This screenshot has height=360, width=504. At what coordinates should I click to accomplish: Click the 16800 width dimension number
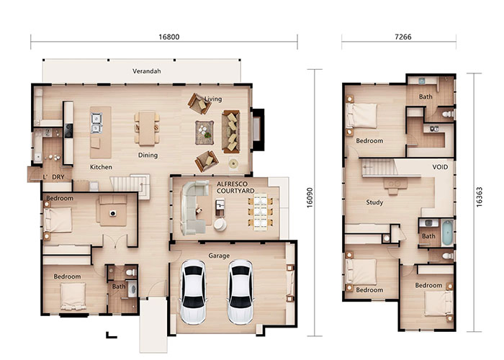169,37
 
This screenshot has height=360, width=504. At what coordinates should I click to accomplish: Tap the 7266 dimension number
402,37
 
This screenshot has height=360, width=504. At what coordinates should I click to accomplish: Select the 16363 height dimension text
479,197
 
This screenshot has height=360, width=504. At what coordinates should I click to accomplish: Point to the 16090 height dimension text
309,198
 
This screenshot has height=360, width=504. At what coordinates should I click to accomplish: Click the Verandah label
147,71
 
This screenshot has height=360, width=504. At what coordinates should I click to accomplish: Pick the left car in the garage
193,292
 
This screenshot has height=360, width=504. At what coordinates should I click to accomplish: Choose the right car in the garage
240,292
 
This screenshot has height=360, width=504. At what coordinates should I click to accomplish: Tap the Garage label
219,256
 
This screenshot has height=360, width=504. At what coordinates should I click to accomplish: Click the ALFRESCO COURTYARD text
235,187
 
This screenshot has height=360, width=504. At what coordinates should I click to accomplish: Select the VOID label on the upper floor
440,167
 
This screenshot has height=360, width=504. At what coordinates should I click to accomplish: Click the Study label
374,202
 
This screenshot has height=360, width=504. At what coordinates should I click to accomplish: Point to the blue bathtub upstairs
447,233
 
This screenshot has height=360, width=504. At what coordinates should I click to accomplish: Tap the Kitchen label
101,167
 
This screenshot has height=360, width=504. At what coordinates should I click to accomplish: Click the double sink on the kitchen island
96,123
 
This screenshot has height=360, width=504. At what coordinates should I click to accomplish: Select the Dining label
148,156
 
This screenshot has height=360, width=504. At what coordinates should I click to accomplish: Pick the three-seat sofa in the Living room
231,132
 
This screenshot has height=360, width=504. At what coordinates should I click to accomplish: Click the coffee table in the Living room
204,132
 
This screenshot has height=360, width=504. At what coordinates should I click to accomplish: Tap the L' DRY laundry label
54,177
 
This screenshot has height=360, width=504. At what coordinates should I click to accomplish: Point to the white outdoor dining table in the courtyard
261,212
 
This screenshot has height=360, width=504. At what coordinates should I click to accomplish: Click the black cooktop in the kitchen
68,131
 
